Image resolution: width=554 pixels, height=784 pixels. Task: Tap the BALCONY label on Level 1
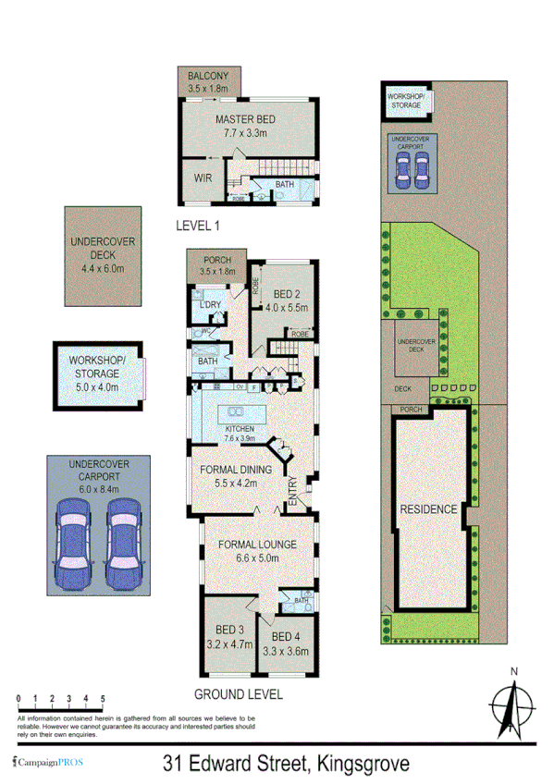tap(208, 76)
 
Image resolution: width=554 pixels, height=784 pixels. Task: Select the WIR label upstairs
tap(203, 177)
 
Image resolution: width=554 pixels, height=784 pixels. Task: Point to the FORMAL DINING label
tap(236, 470)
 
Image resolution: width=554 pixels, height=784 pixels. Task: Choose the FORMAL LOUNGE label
tap(248, 545)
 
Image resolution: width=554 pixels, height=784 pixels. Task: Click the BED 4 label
tap(288, 638)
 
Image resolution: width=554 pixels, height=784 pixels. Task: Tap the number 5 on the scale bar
tap(104, 700)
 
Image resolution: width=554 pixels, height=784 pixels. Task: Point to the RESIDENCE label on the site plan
tap(427, 509)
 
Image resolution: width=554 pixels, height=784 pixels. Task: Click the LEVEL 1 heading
tap(202, 225)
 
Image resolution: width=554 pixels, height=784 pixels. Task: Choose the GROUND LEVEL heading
tap(238, 694)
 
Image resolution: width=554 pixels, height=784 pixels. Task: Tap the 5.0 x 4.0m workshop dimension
tap(98, 386)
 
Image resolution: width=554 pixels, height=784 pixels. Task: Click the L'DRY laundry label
tap(209, 305)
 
